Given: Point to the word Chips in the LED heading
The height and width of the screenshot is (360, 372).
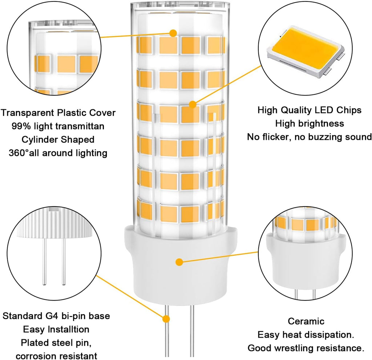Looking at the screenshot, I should [347, 110].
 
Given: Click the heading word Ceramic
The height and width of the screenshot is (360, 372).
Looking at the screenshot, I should [306, 321].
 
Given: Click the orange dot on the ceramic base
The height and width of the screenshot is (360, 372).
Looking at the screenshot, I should [179, 261].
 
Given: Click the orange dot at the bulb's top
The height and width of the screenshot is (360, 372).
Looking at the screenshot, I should [173, 33].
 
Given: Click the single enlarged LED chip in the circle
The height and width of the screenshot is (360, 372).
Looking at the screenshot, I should [304, 51].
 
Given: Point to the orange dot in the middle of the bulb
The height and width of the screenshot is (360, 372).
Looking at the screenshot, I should [193, 105].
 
